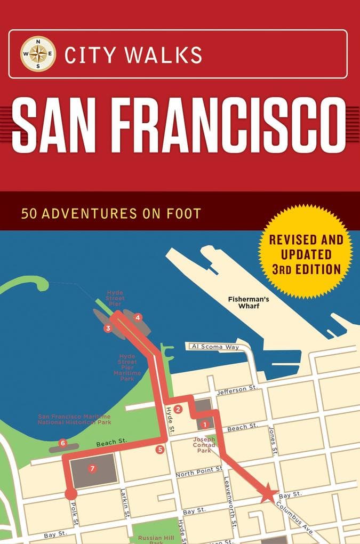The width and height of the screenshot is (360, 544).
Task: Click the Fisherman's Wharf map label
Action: (249, 302)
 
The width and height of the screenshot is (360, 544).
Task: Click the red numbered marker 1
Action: (204, 425)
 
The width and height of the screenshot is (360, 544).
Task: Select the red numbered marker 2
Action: (179, 409)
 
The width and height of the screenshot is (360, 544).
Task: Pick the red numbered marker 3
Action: (108, 329)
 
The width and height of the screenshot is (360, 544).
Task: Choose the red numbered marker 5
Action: (160, 450)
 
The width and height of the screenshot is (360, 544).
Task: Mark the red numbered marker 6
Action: (62, 443)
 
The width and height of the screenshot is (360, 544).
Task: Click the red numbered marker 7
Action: (92, 469)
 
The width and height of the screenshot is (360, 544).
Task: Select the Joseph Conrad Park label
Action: (204, 445)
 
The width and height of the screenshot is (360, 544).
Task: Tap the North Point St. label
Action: (199, 471)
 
